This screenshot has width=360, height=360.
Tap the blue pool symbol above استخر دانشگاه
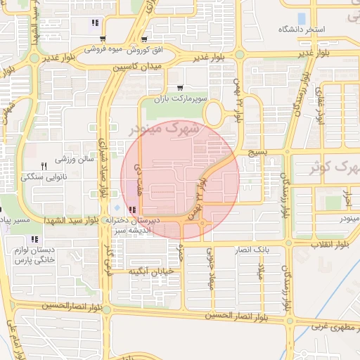click(x=302, y=18)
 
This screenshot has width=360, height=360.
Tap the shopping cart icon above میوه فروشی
click(x=103, y=39)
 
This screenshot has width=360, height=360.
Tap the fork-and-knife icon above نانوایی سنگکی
click(x=44, y=166)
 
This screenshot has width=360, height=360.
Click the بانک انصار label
click(x=252, y=250)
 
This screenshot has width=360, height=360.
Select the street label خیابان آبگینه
click(x=150, y=271)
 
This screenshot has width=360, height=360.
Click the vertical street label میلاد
click(x=259, y=268)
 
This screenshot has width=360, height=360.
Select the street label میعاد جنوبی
click(x=210, y=270)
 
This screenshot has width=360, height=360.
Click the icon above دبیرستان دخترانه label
click(x=132, y=209)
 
